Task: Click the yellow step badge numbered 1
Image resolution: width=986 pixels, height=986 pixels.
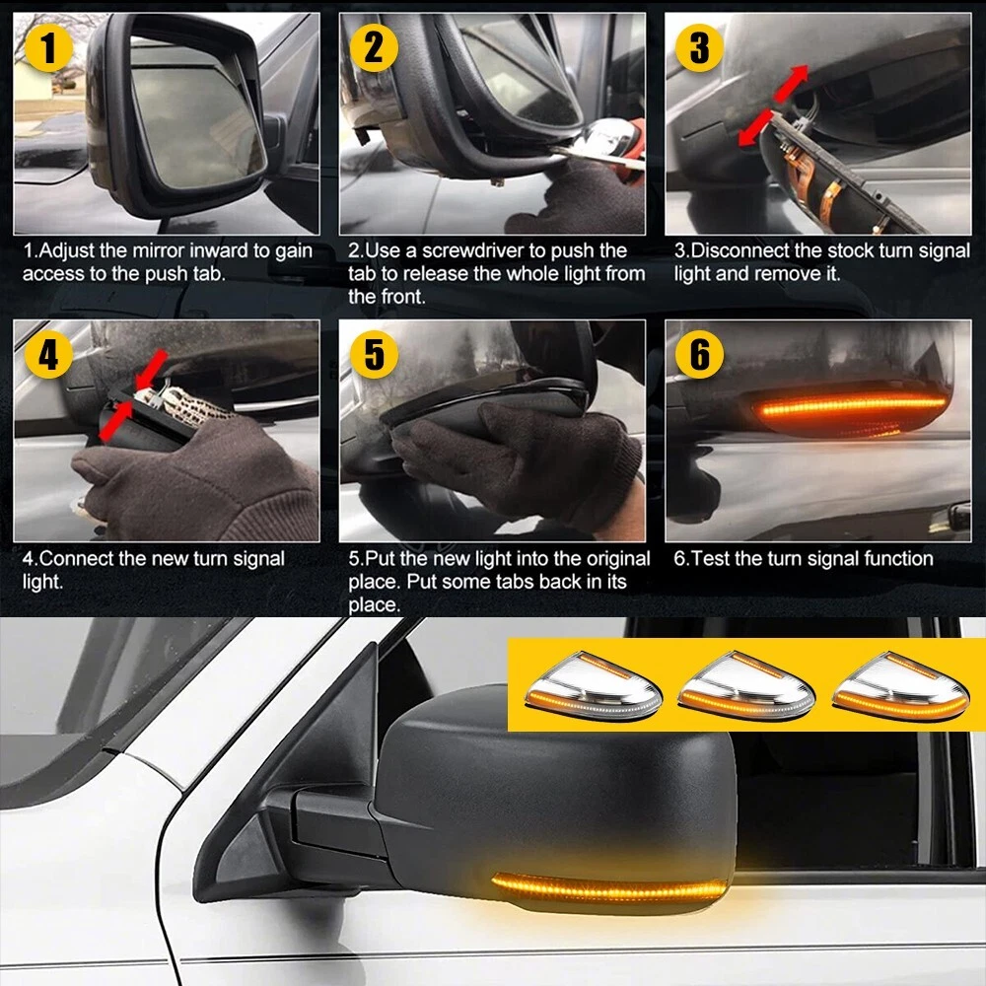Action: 47,47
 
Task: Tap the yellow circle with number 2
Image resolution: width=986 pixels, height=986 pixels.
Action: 374,47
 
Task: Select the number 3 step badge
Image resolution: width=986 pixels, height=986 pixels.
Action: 699,47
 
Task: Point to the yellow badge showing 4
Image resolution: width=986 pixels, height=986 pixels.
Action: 47,354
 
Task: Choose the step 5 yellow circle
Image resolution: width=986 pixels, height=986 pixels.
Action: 374,354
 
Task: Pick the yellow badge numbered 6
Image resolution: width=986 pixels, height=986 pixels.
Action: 699,354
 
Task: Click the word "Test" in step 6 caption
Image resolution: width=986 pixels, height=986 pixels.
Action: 708,558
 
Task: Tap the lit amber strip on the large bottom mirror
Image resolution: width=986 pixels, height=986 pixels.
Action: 608,887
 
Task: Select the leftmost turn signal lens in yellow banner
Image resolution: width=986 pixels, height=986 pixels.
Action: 593,687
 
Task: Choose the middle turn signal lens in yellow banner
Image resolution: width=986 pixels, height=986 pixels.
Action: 746,687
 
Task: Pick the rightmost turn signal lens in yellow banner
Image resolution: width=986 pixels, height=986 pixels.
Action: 900,687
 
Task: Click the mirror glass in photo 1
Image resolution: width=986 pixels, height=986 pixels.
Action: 195,113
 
